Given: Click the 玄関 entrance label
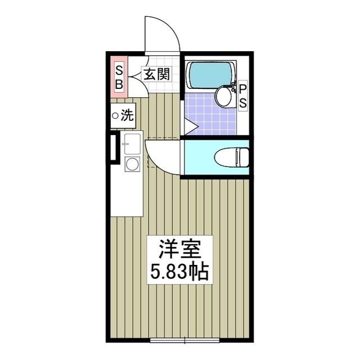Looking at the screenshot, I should [x=155, y=74].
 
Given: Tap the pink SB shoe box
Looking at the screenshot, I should [x=119, y=76].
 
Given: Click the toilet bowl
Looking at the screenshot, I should [x=227, y=156].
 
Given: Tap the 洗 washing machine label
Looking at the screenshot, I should [x=128, y=116].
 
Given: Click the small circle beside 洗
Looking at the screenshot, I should [x=116, y=116].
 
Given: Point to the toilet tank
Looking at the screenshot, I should [x=242, y=156].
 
